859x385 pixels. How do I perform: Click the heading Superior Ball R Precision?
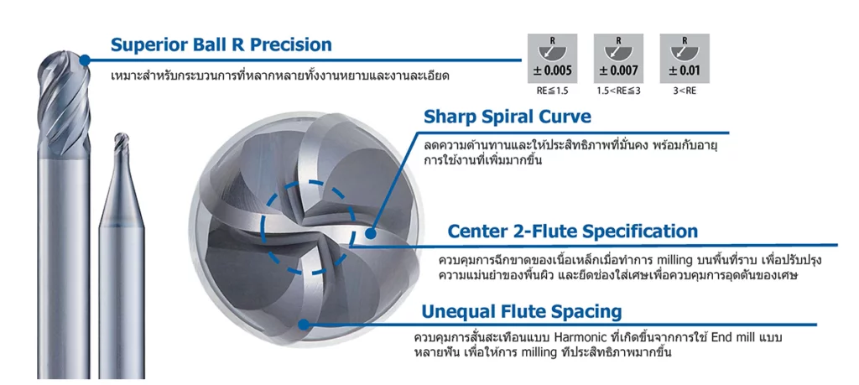tap(221, 44)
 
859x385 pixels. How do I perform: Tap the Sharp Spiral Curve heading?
tap(508, 117)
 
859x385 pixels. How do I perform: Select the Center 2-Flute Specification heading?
tap(572, 231)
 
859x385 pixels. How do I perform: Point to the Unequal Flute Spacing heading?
tap(522, 312)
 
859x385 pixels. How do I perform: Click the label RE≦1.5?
tap(552, 91)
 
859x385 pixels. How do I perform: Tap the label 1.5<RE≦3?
tap(618, 91)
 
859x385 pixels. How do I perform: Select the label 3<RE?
tap(685, 91)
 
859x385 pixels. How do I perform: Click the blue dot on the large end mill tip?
tap(85, 60)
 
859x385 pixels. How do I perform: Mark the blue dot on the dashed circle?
tap(371, 233)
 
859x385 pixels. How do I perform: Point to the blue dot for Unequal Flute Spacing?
tap(304, 325)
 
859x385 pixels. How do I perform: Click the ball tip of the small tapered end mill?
tap(122, 138)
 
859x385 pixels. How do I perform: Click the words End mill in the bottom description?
tap(732, 336)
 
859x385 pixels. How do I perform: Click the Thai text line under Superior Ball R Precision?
tap(280, 75)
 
